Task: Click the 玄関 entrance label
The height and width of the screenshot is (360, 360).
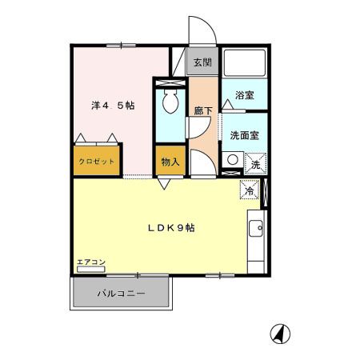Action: (x=202, y=62)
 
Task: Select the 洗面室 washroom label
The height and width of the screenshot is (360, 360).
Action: (x=244, y=135)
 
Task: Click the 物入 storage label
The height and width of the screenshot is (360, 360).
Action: (x=169, y=162)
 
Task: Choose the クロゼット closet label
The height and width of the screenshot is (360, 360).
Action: (x=96, y=162)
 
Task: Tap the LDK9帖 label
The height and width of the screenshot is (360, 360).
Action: (x=170, y=227)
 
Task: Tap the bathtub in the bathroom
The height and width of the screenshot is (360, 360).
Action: (x=244, y=65)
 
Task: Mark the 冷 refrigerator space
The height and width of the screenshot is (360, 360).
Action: (x=250, y=191)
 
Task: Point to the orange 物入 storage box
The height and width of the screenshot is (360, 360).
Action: (x=169, y=161)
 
